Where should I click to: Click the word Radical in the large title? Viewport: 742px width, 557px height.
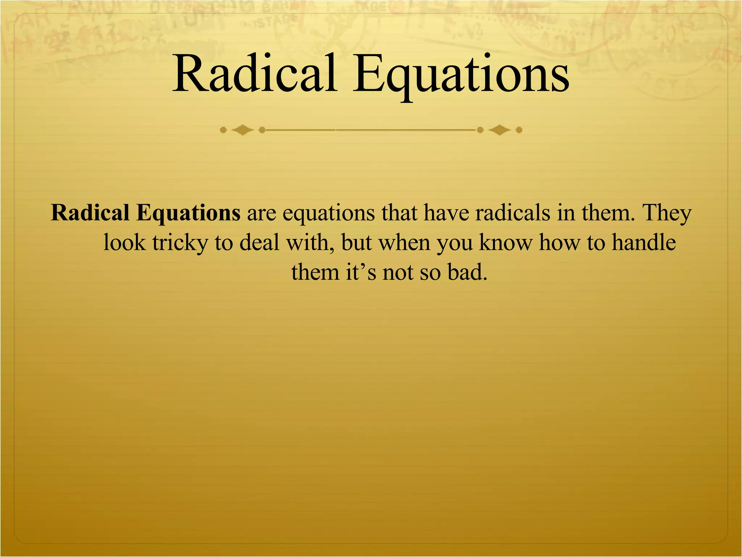point(255,74)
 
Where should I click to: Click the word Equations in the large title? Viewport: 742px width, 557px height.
point(461,76)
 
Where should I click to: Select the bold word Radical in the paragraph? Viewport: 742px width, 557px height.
point(90,213)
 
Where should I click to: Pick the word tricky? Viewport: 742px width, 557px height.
point(180,243)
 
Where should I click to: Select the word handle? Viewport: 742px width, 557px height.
point(643,242)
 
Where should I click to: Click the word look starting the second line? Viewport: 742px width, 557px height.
point(125,242)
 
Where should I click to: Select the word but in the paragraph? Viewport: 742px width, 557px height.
point(357,242)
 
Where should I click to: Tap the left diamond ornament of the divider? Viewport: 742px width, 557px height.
point(242,130)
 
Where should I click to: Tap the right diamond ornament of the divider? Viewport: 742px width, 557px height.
point(500,130)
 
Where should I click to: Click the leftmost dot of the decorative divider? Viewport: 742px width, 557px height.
point(223,130)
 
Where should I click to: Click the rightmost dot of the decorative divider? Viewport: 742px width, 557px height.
point(519,130)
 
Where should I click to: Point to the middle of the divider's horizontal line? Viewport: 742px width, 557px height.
point(371,129)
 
